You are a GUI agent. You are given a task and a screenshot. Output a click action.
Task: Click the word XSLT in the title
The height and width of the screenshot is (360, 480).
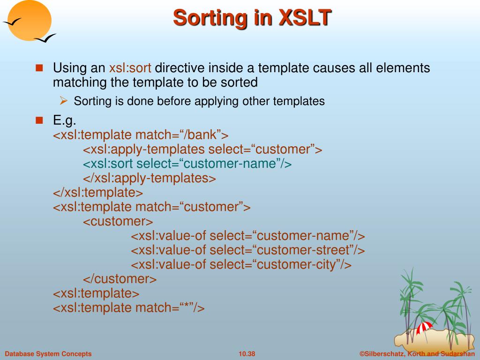point(305,17)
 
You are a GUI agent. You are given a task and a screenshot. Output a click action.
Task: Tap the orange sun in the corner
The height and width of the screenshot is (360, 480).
point(30,20)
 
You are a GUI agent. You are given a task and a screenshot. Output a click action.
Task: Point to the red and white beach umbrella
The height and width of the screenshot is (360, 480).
point(424,328)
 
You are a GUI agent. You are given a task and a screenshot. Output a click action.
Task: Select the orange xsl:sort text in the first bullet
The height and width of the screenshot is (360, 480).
point(130,67)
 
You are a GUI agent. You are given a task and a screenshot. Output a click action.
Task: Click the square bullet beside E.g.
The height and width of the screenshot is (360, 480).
point(39,120)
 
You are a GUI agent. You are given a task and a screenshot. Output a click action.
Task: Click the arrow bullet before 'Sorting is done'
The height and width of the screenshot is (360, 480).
point(63,100)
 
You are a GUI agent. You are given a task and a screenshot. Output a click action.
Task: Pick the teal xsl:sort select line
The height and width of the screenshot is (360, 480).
point(187,164)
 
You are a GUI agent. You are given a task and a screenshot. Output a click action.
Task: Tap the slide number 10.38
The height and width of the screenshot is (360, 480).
point(247,354)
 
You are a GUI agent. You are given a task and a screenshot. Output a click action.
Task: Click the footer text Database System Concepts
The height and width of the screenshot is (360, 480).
point(48,354)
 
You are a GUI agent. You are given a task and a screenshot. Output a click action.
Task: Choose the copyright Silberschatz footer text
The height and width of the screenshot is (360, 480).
point(417,354)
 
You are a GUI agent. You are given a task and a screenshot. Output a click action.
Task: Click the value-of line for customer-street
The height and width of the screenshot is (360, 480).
point(247,250)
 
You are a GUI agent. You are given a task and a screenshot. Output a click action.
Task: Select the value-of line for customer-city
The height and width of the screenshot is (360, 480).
point(241,264)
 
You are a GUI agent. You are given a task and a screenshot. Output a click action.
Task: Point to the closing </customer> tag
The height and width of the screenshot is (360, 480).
point(120,279)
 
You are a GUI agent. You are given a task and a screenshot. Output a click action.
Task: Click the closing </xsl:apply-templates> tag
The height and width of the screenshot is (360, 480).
point(150,178)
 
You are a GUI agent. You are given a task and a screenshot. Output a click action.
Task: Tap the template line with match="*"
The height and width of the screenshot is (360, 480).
point(128,307)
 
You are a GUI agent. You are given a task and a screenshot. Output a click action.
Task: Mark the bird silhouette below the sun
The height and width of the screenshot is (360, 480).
point(45,38)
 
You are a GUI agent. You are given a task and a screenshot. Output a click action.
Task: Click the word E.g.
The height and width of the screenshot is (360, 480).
point(64,120)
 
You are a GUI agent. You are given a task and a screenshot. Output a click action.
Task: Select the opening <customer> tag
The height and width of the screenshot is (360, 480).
point(118,221)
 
